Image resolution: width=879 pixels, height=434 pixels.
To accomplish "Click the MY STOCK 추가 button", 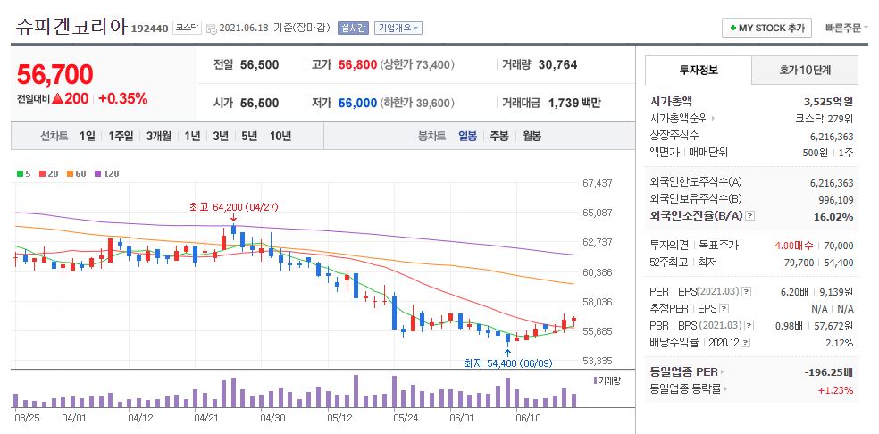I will pos(767,28).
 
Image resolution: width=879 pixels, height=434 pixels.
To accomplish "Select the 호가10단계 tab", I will pos(804,71).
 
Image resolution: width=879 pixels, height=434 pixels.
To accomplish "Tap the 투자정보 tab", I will pos(698,71).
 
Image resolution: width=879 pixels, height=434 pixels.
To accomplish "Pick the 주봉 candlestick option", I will pos(498,137).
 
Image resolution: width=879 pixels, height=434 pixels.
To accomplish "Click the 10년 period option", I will pos(280,137).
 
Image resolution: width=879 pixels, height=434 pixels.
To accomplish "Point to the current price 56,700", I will pos(54,74).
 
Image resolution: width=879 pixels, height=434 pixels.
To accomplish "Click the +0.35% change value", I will pos(123,99).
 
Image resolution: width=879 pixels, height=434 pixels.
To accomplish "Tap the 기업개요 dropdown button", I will pos(398,28).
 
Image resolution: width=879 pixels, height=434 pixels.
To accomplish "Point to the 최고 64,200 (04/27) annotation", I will pos(232,206).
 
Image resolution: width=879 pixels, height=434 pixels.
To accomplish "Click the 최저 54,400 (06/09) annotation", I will pos(507,363).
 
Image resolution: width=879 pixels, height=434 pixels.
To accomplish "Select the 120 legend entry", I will pos(111,173).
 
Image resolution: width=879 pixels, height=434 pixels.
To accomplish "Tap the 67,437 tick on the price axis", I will pos(597,183).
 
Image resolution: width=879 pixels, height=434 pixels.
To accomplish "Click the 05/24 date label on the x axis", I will pos(406,417).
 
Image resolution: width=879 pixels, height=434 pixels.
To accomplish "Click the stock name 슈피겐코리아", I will pos(71,27).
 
